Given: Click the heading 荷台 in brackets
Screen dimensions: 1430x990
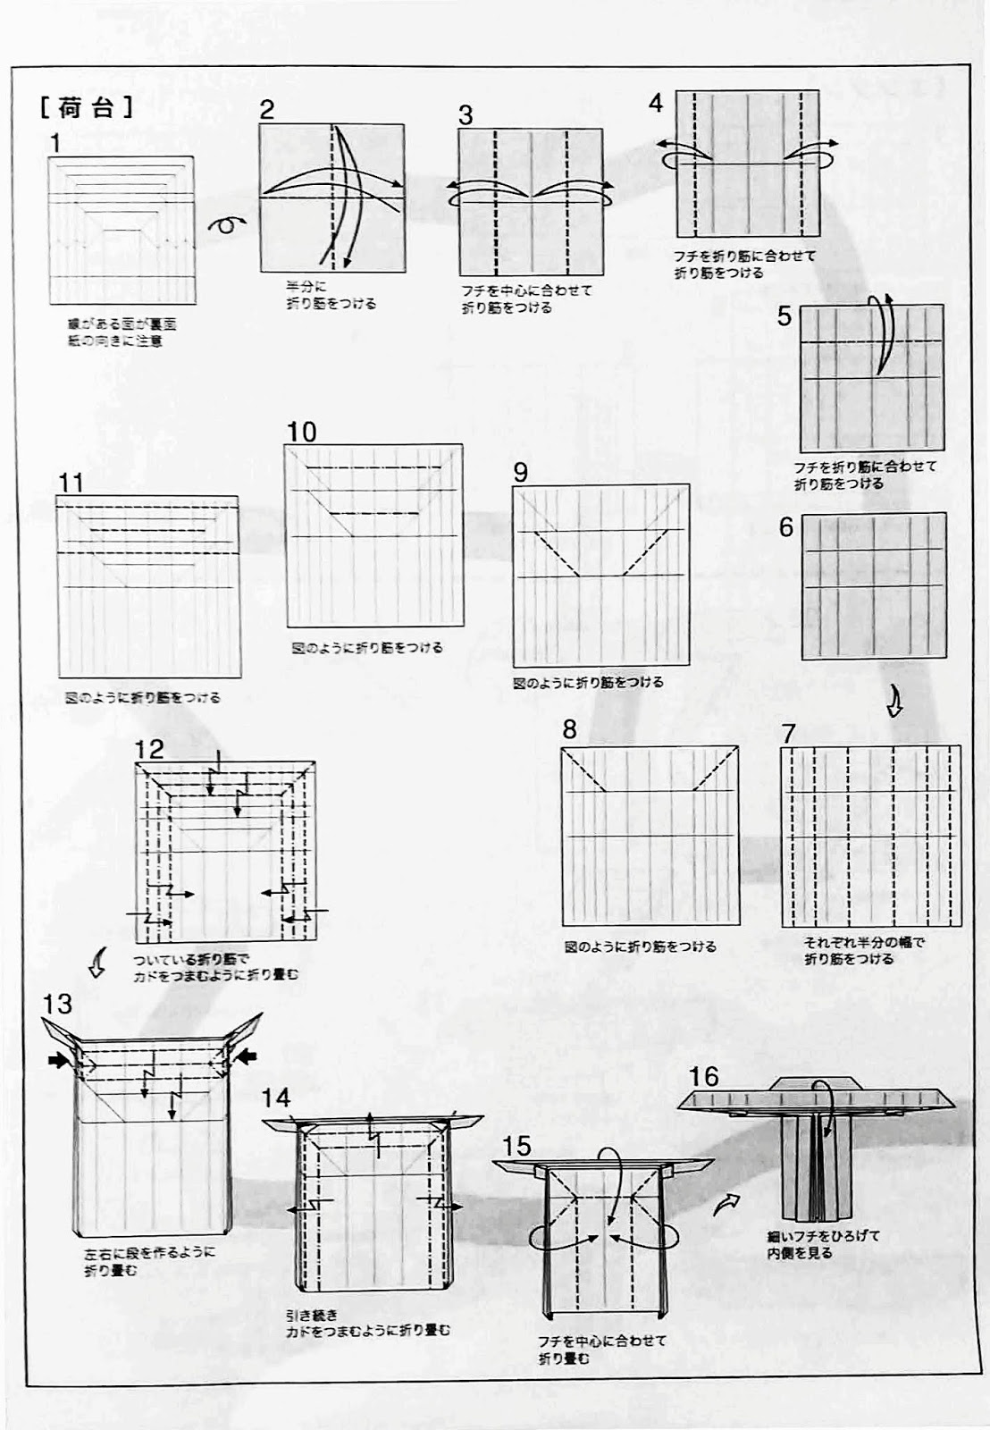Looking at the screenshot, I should [x=87, y=109].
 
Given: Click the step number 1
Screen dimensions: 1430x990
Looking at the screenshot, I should [x=56, y=142].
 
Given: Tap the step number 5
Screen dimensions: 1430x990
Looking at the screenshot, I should [x=784, y=315].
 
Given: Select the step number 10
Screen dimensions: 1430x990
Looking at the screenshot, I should [x=301, y=433].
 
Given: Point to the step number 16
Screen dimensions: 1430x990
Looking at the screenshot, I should [x=703, y=1076].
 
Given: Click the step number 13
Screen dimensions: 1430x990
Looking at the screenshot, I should [x=57, y=1004].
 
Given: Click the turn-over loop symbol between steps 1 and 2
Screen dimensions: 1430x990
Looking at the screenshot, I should [x=227, y=224].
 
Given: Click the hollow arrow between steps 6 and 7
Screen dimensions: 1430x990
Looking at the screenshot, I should [x=894, y=703].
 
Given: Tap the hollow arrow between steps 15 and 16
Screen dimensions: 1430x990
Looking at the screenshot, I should [x=729, y=1204].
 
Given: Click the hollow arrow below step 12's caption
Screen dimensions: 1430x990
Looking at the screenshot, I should [x=98, y=964].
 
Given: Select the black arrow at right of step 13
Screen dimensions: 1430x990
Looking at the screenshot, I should [x=247, y=1058].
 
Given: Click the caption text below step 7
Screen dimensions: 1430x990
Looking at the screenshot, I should [x=849, y=950].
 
